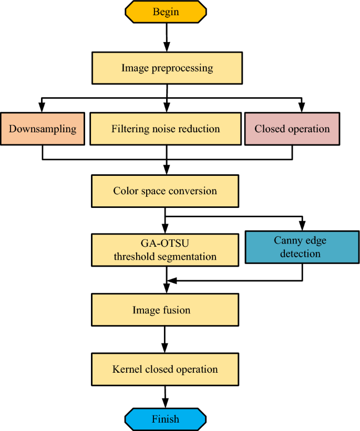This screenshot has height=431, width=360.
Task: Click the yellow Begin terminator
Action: (x=166, y=12)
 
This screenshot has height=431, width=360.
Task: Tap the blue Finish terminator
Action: (x=166, y=419)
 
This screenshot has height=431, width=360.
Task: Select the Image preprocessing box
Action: (x=167, y=68)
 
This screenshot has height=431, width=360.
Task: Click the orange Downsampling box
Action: (x=42, y=129)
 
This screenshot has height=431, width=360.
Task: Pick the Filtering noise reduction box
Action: (x=166, y=129)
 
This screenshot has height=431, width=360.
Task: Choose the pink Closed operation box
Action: (x=292, y=129)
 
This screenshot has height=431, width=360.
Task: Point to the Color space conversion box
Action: (x=165, y=191)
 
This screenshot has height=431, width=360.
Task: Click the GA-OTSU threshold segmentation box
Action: (x=165, y=250)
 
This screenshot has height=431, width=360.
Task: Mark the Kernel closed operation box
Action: (x=165, y=369)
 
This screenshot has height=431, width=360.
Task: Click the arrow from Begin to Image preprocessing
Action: (x=167, y=37)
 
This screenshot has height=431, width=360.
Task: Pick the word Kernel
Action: (x=126, y=369)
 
